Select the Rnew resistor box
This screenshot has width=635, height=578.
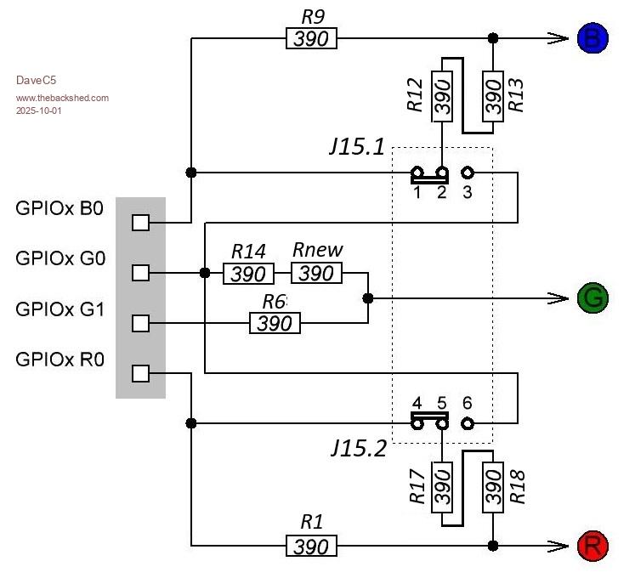point(317,273)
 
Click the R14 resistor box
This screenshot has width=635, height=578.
point(249,273)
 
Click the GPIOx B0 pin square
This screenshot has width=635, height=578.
point(141,223)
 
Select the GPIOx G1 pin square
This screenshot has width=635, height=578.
point(141,323)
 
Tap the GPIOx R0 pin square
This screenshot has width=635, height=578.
point(141,373)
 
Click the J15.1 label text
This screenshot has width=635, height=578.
point(357,147)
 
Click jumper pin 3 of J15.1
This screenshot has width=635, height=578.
point(467,173)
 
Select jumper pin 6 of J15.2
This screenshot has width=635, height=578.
point(467,422)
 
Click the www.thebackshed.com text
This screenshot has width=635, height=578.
point(62,98)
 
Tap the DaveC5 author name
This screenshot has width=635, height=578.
point(36,81)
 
